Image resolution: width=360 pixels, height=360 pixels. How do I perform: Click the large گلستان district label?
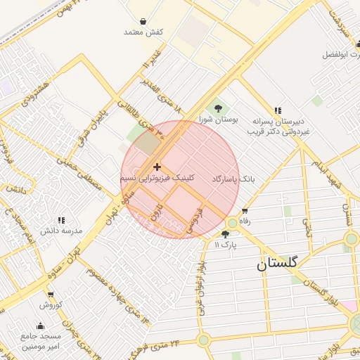(x=277, y=264)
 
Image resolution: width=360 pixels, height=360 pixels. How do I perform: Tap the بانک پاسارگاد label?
(x=234, y=179)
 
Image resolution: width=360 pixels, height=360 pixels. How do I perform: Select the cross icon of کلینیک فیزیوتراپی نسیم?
(x=156, y=167)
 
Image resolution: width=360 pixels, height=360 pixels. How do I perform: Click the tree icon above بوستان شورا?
(x=218, y=108)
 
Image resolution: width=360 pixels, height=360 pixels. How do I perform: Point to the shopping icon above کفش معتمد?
(x=143, y=21)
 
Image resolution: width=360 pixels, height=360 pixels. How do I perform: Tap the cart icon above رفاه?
(x=245, y=211)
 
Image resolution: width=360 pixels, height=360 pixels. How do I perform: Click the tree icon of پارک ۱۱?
(x=225, y=234)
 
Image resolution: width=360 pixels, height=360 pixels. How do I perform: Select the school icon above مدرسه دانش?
(x=60, y=220)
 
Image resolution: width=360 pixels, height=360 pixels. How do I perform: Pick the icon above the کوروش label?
(x=51, y=295)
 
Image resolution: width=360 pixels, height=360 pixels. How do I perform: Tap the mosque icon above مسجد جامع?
(x=40, y=326)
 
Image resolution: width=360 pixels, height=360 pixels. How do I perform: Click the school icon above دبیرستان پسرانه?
(x=278, y=110)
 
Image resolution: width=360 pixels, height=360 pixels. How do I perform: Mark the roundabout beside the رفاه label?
(x=232, y=223)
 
